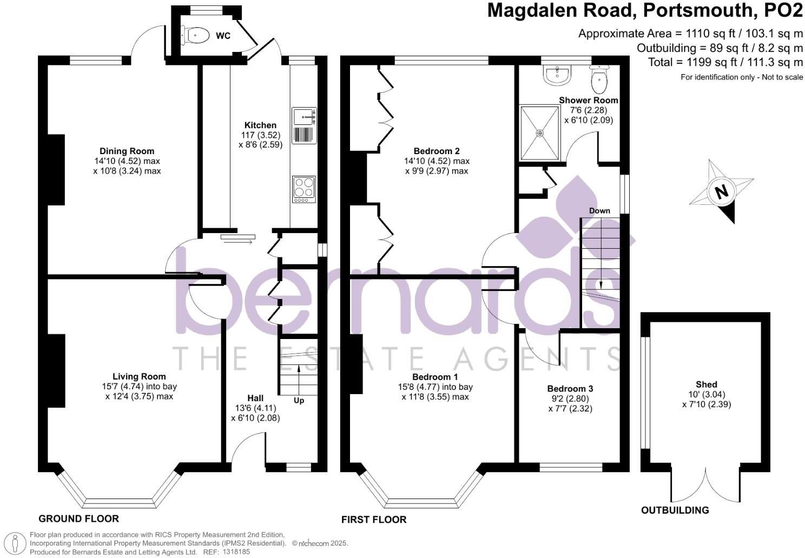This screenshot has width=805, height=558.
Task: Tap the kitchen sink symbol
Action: [304, 125]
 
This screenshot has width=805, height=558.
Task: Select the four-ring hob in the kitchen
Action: [304, 189]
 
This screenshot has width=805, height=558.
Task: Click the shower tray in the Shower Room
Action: [539, 133]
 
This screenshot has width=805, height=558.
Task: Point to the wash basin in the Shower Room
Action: [557, 75]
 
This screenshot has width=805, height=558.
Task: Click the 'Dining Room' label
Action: [127, 151]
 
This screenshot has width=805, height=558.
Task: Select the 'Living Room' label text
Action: [139, 376]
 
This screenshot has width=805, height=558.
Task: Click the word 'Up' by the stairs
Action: [299, 401]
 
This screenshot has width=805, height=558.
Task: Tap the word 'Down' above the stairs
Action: [599, 211]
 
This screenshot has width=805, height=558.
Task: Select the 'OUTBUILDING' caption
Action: [675, 510]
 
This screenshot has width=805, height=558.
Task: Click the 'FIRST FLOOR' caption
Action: [373, 520]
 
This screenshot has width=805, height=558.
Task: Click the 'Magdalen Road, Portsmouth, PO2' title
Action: [645, 11]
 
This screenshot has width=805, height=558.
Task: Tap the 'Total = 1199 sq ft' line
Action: [725, 62]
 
